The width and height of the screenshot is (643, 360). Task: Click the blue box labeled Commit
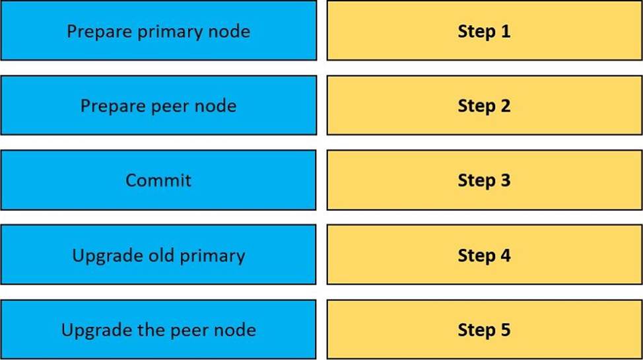(x=158, y=180)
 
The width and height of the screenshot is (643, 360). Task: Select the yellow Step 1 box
(x=485, y=31)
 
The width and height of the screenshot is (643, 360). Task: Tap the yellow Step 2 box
(x=485, y=106)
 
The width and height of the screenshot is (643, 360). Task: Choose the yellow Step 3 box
(x=485, y=180)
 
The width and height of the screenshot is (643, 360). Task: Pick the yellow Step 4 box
(x=485, y=254)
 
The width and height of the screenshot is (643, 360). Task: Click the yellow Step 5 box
(x=485, y=329)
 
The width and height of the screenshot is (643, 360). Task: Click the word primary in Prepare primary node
(x=170, y=32)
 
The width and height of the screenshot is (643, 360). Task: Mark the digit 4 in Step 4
(x=506, y=256)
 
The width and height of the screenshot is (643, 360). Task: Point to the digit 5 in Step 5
(x=506, y=330)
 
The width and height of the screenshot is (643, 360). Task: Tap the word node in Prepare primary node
(x=229, y=31)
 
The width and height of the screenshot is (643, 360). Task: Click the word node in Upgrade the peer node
(x=236, y=330)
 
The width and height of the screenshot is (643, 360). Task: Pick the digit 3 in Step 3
(x=506, y=180)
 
